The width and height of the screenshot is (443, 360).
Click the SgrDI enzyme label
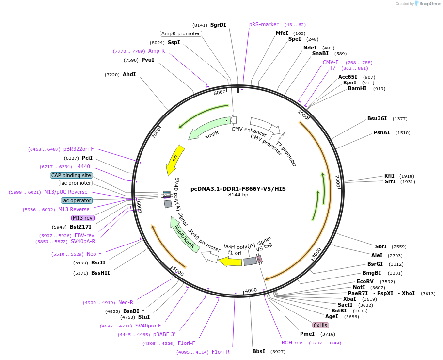[x=218, y=25]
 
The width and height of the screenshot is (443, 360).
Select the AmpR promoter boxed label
[x=181, y=33]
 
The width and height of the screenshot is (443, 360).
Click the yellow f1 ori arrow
[x=231, y=262]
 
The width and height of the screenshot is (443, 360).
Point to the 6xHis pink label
[x=320, y=325]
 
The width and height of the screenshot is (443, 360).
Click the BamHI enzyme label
[x=357, y=88]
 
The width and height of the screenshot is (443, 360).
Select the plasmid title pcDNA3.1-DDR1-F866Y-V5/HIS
[x=238, y=189]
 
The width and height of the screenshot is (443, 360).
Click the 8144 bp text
[x=238, y=195]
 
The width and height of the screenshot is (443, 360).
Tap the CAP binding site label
[x=71, y=175]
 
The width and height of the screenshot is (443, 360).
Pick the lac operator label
[x=77, y=200]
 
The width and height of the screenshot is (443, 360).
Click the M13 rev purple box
[x=82, y=218]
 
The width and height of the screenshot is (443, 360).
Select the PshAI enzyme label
[x=381, y=132]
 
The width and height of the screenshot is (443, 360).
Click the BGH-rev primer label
[x=292, y=343]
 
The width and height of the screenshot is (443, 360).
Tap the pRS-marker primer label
[x=264, y=24]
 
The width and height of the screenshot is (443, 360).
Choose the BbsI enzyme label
[x=259, y=351]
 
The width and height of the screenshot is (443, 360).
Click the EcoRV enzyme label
[x=365, y=281]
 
